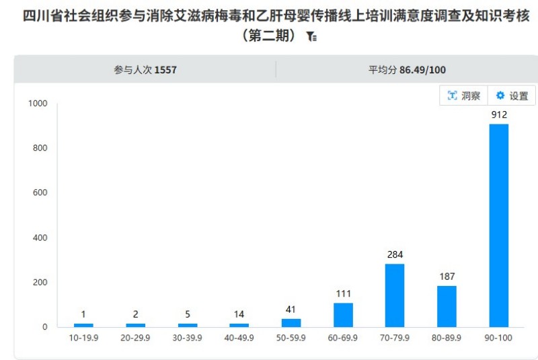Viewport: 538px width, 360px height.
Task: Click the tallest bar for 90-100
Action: coord(498,225)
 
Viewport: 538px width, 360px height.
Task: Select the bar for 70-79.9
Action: coord(395,295)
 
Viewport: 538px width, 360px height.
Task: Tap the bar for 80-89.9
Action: coord(447,306)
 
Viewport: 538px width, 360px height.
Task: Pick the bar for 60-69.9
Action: coord(343,314)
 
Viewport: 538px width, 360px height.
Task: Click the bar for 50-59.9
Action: coord(291,322)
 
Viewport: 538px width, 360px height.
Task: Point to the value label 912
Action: coord(498,115)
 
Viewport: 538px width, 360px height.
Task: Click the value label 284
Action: coord(395,254)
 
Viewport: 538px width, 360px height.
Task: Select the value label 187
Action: coord(447,277)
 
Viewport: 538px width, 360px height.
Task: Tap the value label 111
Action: coord(343,293)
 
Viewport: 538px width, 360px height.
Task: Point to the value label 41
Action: coord(291,310)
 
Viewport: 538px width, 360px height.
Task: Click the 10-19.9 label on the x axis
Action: coord(83,338)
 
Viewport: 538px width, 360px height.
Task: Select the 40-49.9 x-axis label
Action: coord(239,338)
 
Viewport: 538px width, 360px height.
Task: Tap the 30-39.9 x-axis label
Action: coord(187,338)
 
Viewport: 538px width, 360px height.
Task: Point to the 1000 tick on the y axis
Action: coord(38,103)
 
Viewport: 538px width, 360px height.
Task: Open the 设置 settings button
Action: coord(512,96)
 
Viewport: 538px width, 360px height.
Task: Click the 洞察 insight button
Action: coord(464,96)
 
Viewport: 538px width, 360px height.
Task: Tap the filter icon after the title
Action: coord(311,37)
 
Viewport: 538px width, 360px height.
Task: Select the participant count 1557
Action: coord(165,69)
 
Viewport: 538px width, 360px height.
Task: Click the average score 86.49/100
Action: coord(422,69)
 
